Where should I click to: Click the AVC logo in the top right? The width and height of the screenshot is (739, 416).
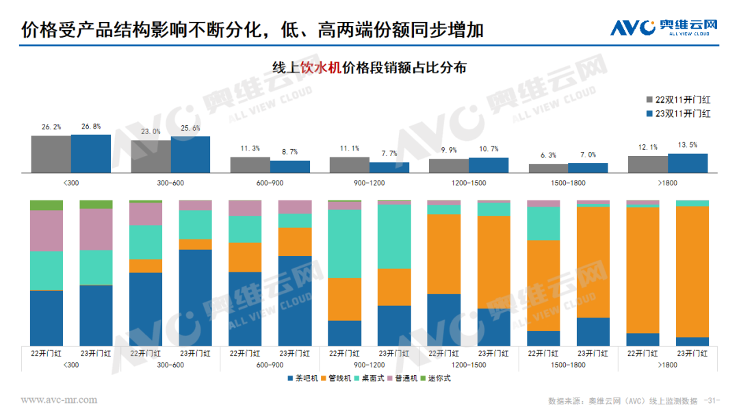664,27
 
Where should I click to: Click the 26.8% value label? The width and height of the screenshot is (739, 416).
90,127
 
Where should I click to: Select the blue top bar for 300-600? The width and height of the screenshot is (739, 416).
190,154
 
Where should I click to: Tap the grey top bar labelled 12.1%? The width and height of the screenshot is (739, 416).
647,164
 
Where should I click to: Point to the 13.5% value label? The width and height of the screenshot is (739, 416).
687,146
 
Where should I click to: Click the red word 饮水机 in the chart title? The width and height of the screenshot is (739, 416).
320,67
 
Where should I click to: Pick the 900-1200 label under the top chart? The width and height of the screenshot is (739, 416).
369,183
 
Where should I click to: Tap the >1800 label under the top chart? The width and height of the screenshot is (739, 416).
667,183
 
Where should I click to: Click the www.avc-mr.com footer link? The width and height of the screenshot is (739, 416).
59,400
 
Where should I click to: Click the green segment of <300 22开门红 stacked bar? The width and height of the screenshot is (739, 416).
47,205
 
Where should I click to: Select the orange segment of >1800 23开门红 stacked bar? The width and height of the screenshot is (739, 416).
692,271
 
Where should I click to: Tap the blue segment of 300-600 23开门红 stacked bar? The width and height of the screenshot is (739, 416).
196,297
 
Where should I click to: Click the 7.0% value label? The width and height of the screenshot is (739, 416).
587,155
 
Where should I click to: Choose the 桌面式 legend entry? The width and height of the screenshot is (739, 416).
371,378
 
